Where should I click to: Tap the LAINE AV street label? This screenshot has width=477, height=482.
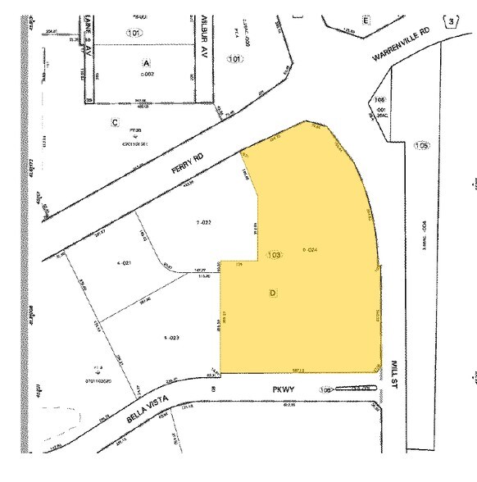[x=86, y=38]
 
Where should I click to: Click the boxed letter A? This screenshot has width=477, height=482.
[x=147, y=62]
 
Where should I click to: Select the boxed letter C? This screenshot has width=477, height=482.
[x=116, y=122]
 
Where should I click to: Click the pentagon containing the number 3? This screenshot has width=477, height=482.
[x=451, y=20]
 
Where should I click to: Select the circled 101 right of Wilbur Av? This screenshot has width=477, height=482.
[x=237, y=58]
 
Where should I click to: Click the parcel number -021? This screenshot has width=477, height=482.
[x=125, y=263]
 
